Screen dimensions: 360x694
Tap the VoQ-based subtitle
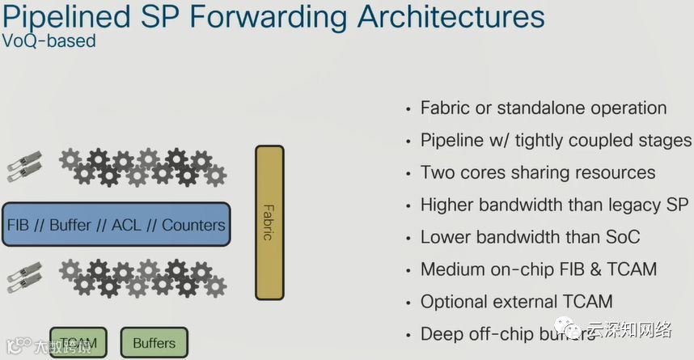[49, 40]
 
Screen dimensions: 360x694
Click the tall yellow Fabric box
[269, 223]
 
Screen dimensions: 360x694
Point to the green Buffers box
[154, 343]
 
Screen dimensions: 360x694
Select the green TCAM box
[78, 343]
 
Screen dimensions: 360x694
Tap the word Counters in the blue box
[193, 225]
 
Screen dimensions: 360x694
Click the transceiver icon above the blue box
[23, 165]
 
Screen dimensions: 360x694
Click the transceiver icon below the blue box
[23, 277]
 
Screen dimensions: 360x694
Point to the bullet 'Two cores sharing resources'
[538, 172]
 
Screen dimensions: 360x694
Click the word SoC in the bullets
[622, 237]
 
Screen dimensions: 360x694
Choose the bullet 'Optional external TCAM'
[517, 302]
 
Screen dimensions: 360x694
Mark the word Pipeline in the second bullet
[452, 140]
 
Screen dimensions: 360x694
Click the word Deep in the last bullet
[440, 334]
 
